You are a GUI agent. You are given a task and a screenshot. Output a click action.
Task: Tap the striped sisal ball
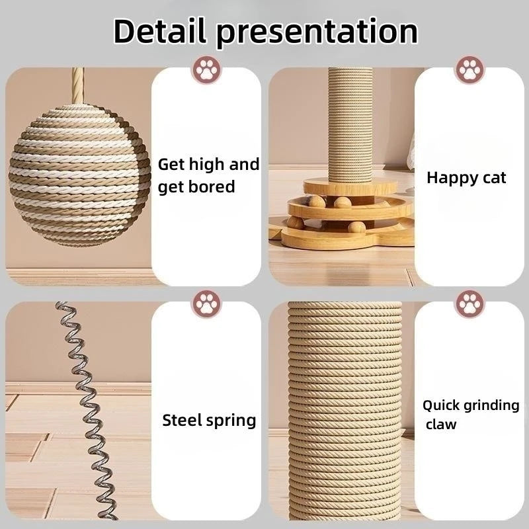pos(79,175)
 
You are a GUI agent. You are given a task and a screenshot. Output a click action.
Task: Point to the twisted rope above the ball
pos(79,85)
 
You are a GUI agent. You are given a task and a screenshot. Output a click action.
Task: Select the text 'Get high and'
pos(208,164)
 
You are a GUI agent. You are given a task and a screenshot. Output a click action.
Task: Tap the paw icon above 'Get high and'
pos(206,69)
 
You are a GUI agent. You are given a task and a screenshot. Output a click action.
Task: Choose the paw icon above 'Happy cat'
pos(470,69)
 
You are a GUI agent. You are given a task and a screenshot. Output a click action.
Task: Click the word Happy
pos(450,177)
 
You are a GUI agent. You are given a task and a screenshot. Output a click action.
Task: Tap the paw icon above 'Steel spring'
pos(206,304)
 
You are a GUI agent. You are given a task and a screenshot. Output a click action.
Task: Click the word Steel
pos(182,420)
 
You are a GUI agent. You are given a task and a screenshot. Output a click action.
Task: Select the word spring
pos(231,421)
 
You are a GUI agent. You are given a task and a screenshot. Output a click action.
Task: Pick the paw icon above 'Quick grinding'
pos(470,304)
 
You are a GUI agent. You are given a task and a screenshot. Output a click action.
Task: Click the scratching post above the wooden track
pos(351,126)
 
